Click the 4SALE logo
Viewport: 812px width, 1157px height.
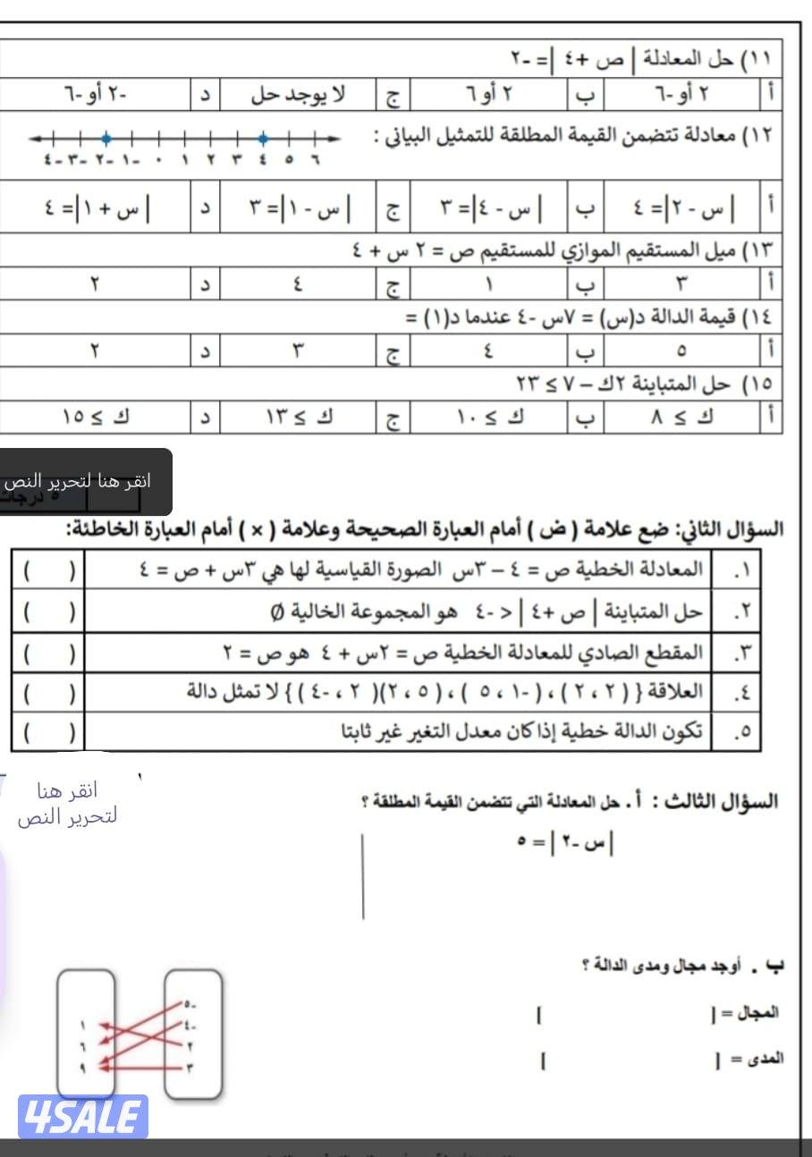(82, 1116)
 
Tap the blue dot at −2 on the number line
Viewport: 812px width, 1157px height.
(106, 139)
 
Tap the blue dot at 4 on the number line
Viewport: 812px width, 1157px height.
(263, 139)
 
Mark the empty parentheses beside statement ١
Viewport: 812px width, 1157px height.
(48, 570)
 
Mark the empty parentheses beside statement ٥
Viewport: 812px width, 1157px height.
(48, 733)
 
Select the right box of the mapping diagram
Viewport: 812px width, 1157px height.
(192, 1034)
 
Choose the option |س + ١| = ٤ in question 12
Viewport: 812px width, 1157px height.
(97, 213)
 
